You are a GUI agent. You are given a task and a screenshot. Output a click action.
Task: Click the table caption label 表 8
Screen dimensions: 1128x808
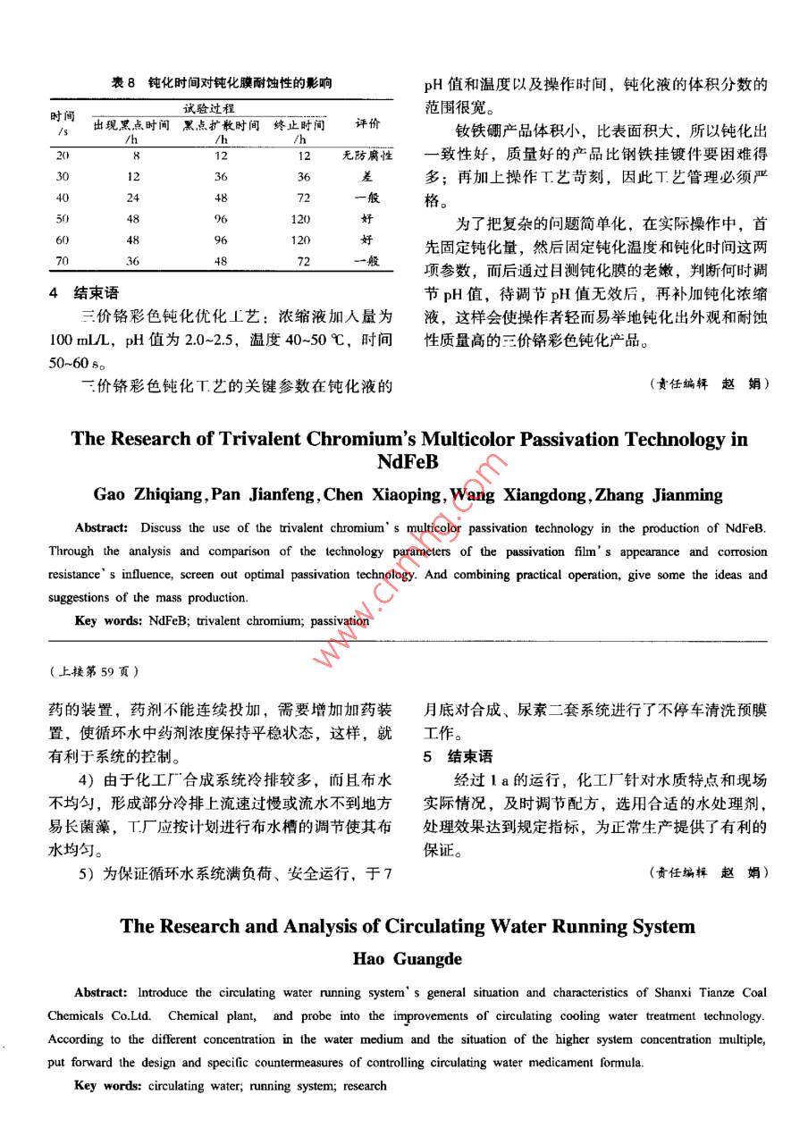coord(122,83)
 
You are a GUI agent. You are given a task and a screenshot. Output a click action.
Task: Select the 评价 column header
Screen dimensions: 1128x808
coord(367,123)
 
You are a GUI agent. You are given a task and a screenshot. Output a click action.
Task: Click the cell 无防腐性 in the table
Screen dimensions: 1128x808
coord(367,156)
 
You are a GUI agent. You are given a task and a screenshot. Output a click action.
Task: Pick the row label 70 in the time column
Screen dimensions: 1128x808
coord(63,262)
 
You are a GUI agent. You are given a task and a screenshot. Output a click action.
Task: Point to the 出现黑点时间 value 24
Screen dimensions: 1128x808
coord(132,198)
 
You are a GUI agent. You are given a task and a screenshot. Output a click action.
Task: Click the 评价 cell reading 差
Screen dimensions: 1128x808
coord(367,177)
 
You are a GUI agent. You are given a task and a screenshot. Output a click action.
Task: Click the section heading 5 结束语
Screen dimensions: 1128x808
coord(458,756)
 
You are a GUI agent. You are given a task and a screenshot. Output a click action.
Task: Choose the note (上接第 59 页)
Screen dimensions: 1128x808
coord(93,670)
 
